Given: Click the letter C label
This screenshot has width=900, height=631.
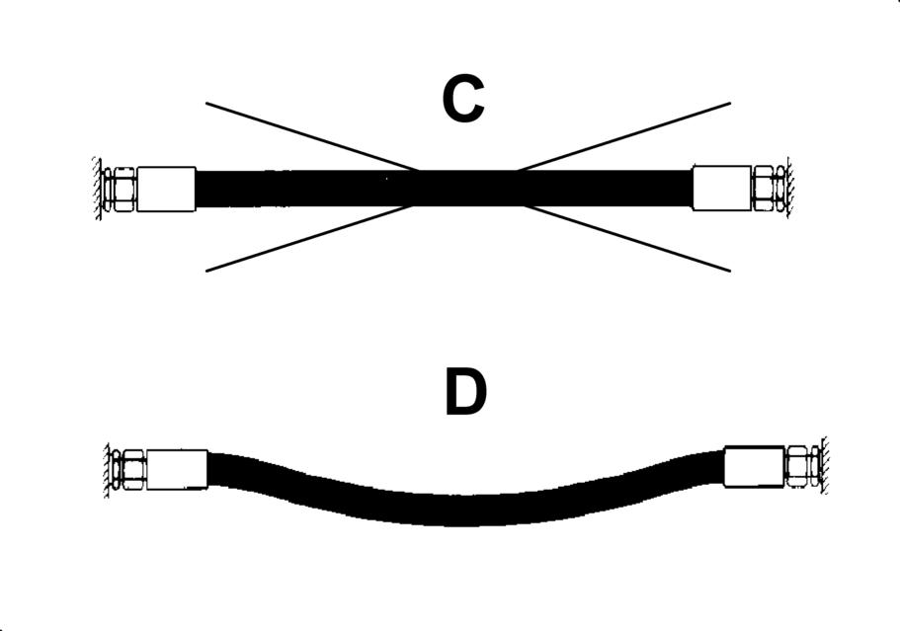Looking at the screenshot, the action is tap(462, 100).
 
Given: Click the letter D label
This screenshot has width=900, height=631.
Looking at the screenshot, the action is tap(465, 393).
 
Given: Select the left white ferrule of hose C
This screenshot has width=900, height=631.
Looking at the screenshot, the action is tap(166, 189).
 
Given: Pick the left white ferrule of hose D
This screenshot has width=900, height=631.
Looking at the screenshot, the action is tap(177, 468).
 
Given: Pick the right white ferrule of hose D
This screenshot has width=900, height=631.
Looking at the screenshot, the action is tap(754, 466).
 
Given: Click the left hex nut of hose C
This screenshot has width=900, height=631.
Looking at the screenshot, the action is tap(123, 189).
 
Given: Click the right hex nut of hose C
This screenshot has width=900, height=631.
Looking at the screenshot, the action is tap(766, 188).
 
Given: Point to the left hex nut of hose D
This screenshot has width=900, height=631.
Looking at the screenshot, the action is tap(131, 468).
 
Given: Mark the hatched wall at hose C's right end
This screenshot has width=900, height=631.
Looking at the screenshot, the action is tap(787, 188).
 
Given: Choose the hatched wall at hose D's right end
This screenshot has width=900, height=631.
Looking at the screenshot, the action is tap(823, 466).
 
